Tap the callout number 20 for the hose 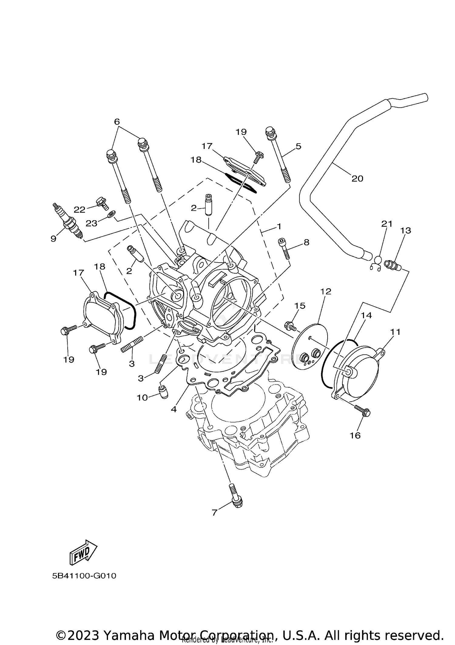pyautogui.click(x=357, y=178)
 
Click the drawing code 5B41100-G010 pyautogui.click(x=84, y=576)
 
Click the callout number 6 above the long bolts pyautogui.click(x=117, y=122)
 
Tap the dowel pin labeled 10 pyautogui.click(x=163, y=392)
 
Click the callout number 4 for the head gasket pyautogui.click(x=174, y=409)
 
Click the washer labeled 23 pyautogui.click(x=111, y=214)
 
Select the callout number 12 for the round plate pyautogui.click(x=326, y=291)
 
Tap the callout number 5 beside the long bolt pyautogui.click(x=298, y=146)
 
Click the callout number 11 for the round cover pyautogui.click(x=395, y=332)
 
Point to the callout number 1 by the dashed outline pyautogui.click(x=278, y=226)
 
